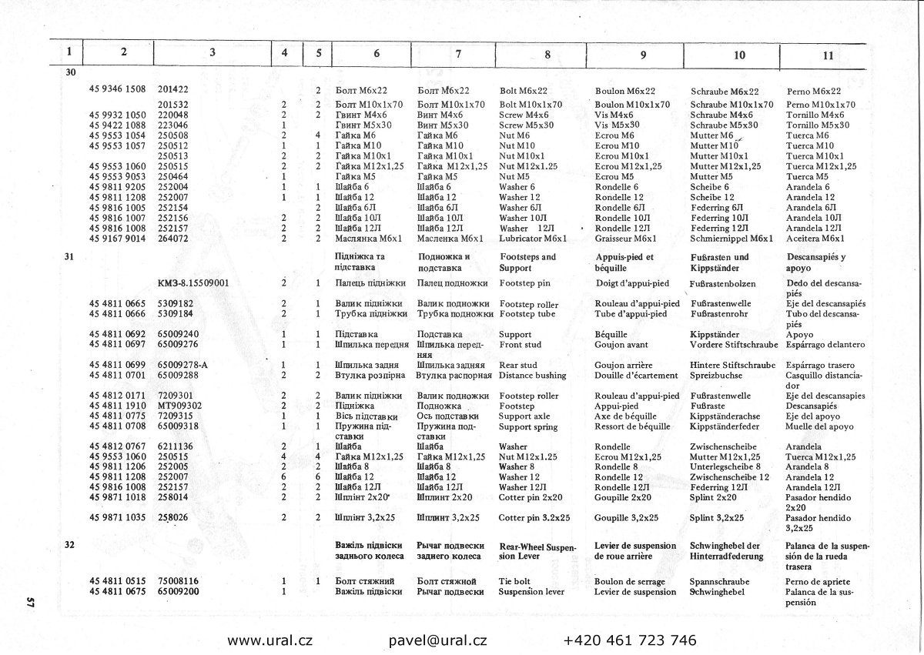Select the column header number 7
point(458,54)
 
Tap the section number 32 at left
point(70,543)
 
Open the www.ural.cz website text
point(269,640)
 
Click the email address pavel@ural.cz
point(437,640)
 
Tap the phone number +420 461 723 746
point(630,640)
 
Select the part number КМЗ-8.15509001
point(194,282)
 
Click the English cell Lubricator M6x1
point(534,239)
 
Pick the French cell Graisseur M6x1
point(626,239)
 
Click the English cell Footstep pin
point(525,282)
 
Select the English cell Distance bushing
point(532,375)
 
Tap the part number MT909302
point(179,405)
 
